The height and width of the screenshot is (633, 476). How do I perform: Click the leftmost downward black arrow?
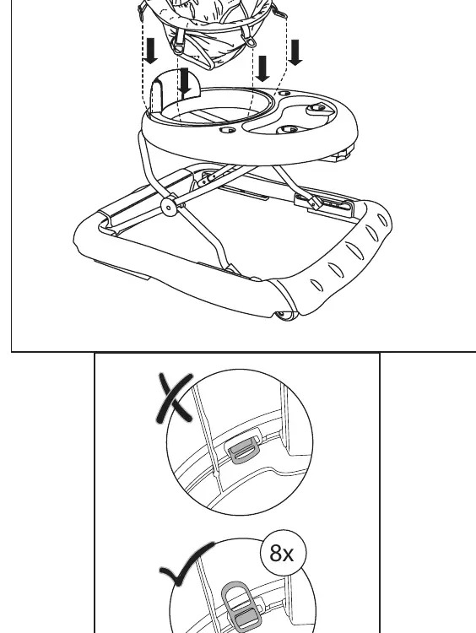click(x=151, y=51)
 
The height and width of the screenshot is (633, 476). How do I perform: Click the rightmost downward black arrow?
click(x=295, y=52)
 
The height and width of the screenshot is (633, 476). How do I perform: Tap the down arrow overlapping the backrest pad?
click(x=185, y=81)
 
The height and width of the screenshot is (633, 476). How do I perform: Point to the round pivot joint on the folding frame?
click(x=168, y=207)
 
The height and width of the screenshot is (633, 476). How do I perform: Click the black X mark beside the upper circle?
click(x=175, y=398)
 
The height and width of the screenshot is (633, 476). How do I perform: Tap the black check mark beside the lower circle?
click(x=187, y=564)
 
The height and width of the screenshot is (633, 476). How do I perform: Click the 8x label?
click(x=282, y=553)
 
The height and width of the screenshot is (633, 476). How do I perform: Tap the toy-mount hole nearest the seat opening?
click(x=228, y=130)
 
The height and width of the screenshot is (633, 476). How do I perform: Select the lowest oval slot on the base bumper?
click(x=317, y=285)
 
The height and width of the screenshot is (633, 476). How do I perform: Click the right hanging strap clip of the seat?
click(x=250, y=41)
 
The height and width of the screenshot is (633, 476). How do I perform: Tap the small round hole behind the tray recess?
click(x=284, y=93)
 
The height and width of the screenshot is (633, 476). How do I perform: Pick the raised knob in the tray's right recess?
click(x=316, y=109)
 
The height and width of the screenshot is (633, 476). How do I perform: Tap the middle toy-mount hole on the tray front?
click(x=288, y=130)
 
